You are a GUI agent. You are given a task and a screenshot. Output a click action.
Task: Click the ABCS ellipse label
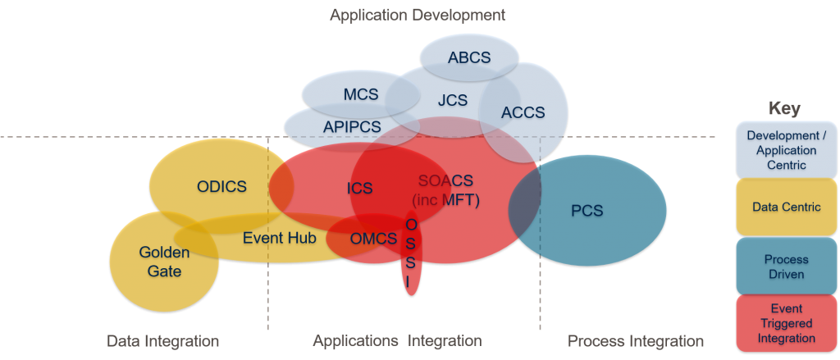469,57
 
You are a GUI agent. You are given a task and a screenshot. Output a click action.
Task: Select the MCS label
361,94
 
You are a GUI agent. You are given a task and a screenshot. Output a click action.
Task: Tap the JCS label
452,100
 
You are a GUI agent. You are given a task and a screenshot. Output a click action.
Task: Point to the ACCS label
523,112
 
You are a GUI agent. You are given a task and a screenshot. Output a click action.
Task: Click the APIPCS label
352,127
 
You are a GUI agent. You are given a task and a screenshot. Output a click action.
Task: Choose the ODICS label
221,186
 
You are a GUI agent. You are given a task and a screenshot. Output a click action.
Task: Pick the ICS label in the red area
359,189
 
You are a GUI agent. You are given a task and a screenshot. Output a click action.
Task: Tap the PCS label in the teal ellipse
587,212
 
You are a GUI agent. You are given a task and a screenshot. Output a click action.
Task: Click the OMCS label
374,239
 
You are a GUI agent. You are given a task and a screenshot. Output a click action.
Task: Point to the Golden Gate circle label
164,262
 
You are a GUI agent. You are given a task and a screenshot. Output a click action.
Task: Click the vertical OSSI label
411,252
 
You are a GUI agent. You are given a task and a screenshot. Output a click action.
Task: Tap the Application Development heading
417,15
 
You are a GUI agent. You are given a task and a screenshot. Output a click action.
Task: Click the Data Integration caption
163,340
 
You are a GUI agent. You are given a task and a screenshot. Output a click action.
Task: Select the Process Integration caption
636,340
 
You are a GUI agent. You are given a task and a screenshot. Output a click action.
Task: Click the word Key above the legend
784,109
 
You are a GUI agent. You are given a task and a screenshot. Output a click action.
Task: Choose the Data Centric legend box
787,207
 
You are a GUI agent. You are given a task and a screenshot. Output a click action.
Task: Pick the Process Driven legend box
787,267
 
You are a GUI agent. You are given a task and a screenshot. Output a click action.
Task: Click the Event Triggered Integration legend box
787,325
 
